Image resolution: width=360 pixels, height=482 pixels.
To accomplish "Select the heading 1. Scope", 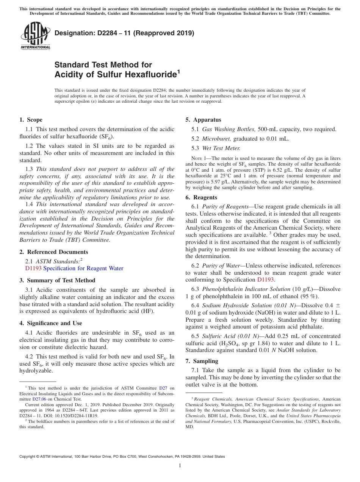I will coord(31,120).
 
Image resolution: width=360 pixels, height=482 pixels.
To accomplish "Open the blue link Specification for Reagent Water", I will coord(83,268).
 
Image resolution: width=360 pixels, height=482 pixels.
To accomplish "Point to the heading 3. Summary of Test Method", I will coord(57,280).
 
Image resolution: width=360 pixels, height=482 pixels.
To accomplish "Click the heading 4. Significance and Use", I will coord(50,323).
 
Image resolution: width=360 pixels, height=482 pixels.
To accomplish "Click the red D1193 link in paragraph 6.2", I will coord(265,280).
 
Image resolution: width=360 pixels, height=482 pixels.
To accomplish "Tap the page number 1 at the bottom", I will coord(180,466).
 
